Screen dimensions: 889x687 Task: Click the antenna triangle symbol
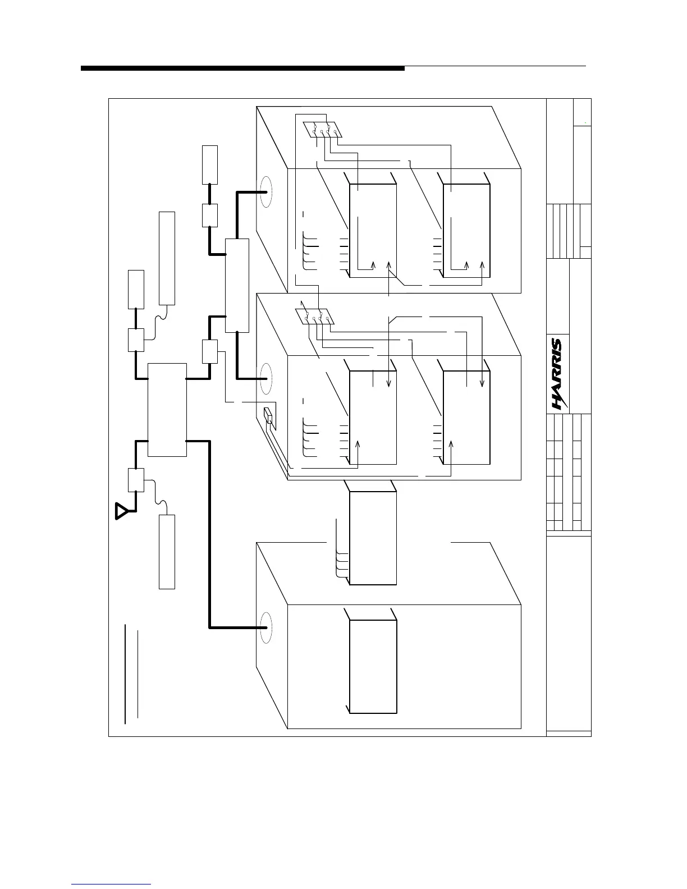point(122,511)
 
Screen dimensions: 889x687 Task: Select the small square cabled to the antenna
point(136,480)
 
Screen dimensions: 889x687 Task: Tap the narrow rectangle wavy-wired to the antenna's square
point(167,551)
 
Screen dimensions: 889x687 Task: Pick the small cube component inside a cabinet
point(268,416)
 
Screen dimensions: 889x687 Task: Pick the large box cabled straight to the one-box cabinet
point(167,410)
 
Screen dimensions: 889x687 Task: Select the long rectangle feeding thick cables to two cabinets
point(237,285)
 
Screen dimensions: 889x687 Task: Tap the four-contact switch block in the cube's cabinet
point(315,317)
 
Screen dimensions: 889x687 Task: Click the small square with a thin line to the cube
point(209,351)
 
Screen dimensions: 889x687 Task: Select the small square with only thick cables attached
point(209,215)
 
